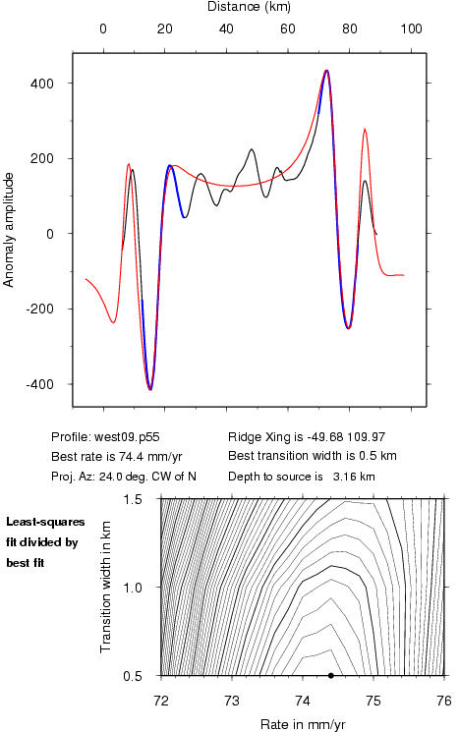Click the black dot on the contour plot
coord(330,675)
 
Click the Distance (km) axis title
coord(249,7)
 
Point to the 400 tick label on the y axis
coord(42,84)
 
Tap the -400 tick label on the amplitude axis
coord(39,385)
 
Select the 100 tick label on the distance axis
coord(411,28)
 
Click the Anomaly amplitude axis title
coord(9,230)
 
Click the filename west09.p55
coord(127,437)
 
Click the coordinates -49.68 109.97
coord(346,437)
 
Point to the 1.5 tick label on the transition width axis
coord(133,499)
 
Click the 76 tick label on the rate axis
coord(444,701)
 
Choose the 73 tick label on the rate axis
coord(232,701)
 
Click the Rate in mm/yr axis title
coord(303,724)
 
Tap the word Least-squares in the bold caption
coord(45,522)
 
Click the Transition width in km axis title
coord(105,587)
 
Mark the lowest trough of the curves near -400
coord(149,389)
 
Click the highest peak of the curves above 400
coord(326,71)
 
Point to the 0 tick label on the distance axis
coord(103,28)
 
